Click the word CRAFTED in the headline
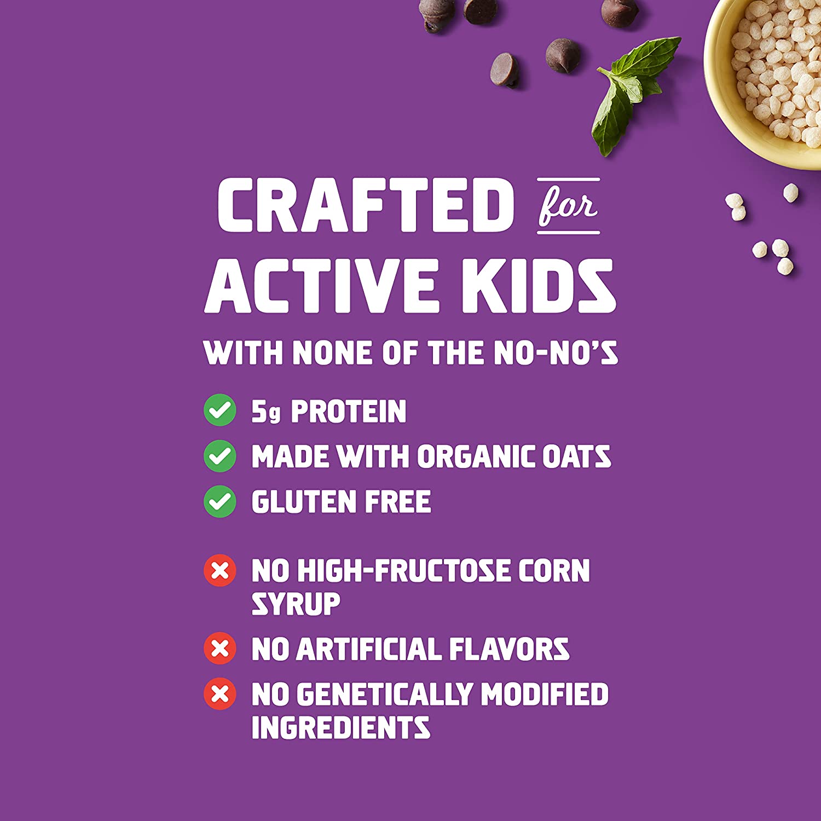(366, 205)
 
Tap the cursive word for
(568, 206)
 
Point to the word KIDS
(539, 286)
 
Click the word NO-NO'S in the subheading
(556, 352)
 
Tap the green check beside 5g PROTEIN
(220, 410)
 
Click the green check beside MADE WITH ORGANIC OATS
(220, 455)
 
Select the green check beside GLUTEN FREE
(220, 501)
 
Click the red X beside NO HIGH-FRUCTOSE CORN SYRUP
(220, 571)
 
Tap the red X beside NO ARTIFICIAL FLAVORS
(220, 649)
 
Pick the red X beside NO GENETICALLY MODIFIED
(220, 694)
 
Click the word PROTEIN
(349, 412)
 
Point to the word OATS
(576, 456)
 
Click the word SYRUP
(296, 604)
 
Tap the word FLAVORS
(509, 649)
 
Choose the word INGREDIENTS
(341, 727)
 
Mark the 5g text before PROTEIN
(266, 412)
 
